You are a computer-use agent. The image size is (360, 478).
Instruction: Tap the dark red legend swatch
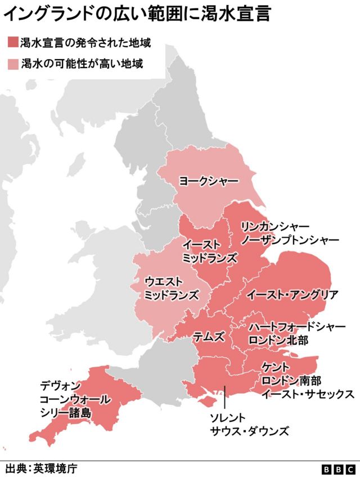[x=12, y=43]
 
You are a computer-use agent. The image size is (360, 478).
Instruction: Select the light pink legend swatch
[x=12, y=64]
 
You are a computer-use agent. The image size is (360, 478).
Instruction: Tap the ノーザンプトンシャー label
[x=290, y=240]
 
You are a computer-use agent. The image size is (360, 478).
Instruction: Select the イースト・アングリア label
[x=292, y=295]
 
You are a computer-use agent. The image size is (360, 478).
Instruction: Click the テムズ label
[x=209, y=337]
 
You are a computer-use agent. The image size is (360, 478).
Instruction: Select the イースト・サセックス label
[x=307, y=394]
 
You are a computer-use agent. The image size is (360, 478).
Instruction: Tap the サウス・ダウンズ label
[x=249, y=431]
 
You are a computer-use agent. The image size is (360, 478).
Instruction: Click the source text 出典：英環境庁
[x=40, y=468]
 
